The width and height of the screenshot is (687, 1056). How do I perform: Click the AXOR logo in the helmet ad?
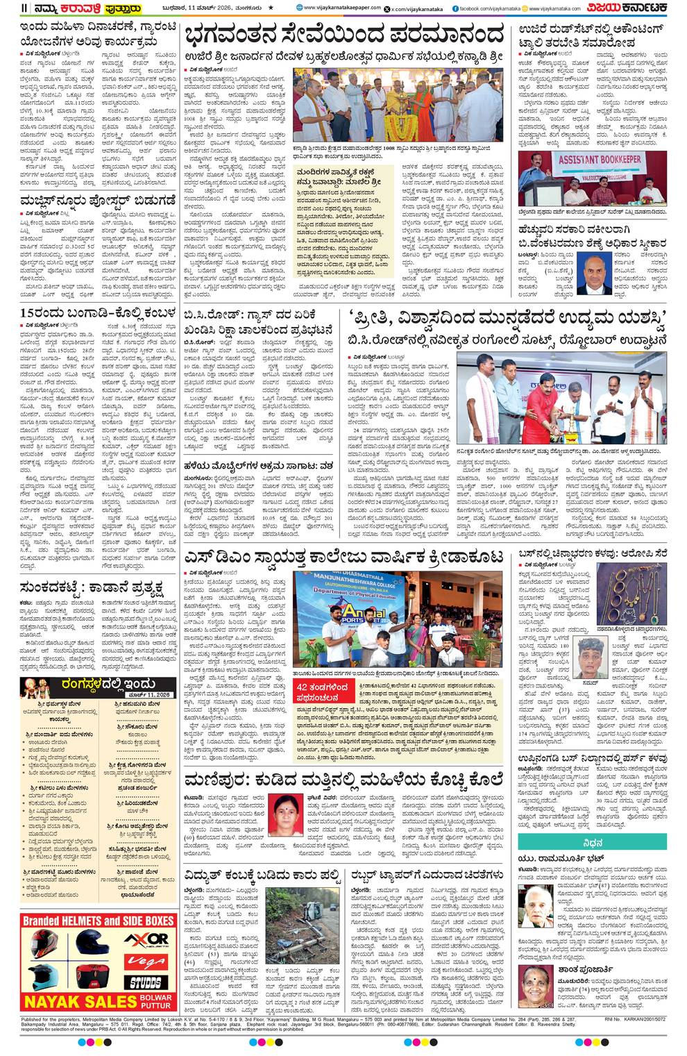(146, 939)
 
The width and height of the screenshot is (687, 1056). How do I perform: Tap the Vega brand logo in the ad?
(146, 962)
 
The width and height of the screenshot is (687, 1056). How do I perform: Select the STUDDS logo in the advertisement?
(146, 982)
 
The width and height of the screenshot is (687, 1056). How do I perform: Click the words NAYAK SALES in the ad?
(80, 1001)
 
